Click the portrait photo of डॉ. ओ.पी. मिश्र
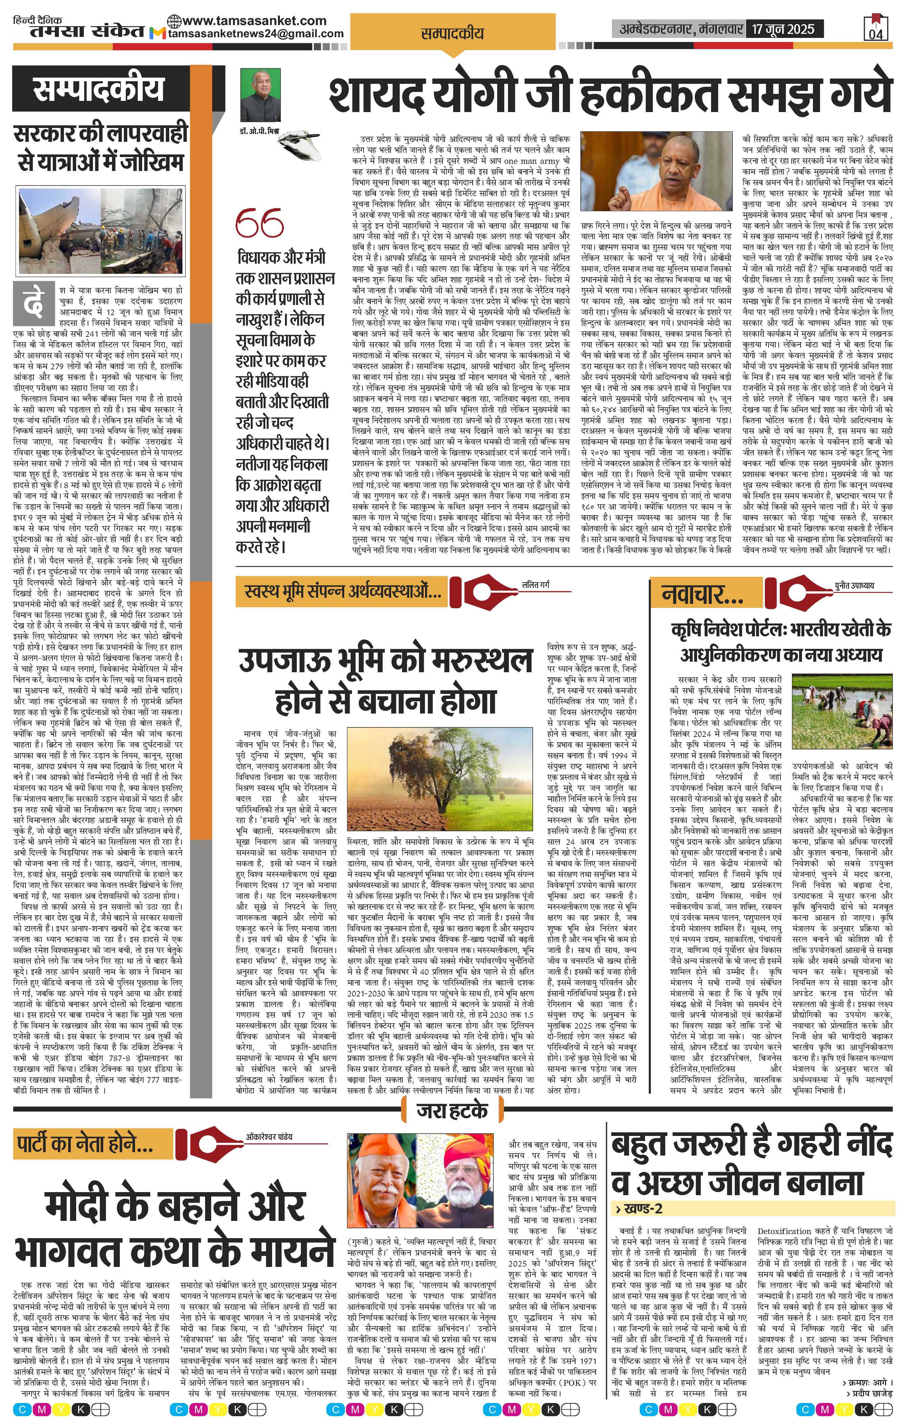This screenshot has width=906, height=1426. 261,95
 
